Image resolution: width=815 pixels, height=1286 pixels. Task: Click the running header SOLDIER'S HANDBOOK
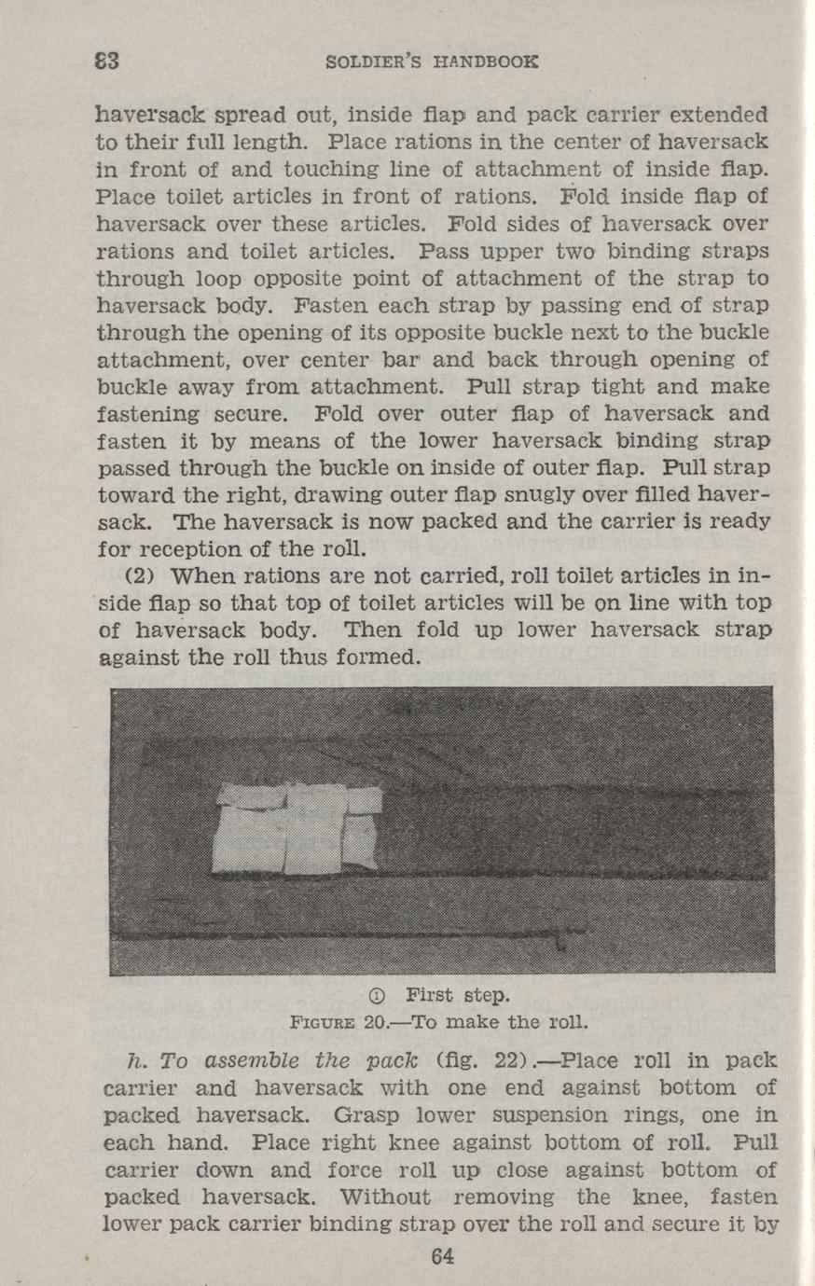click(x=433, y=62)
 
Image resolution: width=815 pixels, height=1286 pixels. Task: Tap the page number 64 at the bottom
click(x=443, y=1256)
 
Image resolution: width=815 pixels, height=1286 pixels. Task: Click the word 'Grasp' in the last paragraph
click(x=385, y=1115)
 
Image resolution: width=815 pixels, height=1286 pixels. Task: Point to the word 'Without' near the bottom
click(x=384, y=1196)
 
